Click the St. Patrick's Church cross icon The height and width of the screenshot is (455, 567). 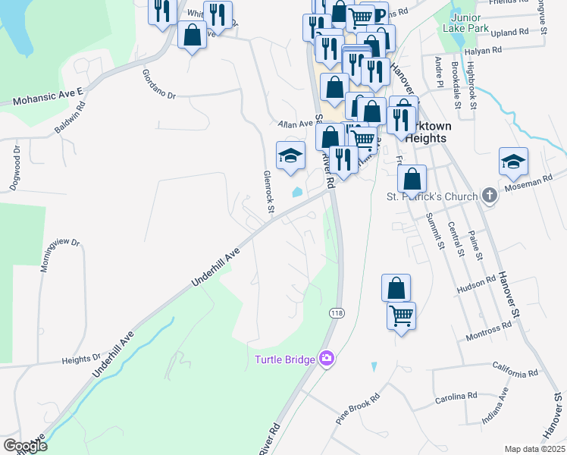point(490,196)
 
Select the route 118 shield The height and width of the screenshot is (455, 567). point(335,312)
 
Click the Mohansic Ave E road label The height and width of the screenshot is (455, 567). point(47,94)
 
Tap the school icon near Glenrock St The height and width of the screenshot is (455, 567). point(290,157)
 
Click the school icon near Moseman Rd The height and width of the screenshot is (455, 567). point(513,162)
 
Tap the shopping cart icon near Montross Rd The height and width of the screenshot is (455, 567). point(401,314)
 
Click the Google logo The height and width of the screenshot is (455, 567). point(25,446)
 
